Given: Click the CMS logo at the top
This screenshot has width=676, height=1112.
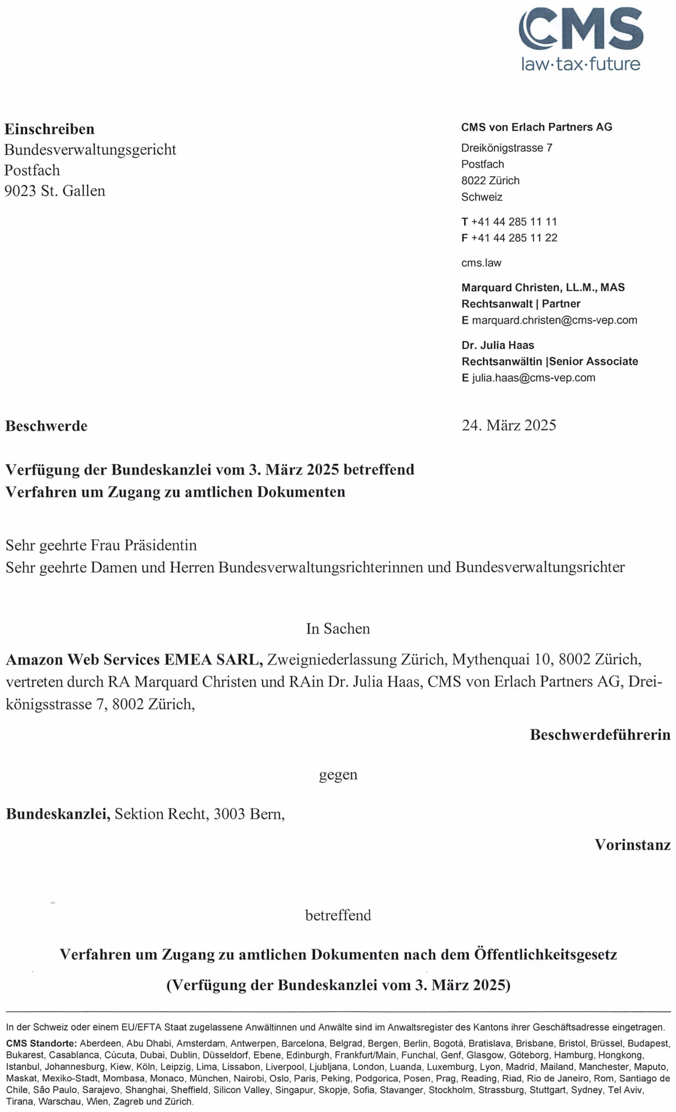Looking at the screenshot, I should point(581,38).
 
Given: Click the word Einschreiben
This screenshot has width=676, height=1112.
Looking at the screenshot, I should point(50,129).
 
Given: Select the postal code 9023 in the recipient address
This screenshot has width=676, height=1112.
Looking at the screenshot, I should point(20,191).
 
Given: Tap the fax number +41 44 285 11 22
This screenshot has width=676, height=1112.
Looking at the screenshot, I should point(514,238).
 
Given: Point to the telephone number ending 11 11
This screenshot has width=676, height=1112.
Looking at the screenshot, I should point(514,222).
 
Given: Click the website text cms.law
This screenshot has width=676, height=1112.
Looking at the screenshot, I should point(481,263).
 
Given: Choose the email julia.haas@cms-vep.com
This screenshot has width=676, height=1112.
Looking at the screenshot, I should point(533,378).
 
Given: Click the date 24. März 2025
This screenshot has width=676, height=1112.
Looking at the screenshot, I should point(508,425).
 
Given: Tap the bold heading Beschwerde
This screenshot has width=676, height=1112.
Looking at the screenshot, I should point(46,426).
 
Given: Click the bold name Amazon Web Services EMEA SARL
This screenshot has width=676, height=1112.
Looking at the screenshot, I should point(135,660).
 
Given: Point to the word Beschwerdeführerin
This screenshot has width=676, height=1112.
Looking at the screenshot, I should point(600,735).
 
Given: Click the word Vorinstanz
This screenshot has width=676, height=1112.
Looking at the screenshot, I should point(632,845).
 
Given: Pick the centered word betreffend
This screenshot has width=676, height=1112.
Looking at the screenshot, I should point(338,915).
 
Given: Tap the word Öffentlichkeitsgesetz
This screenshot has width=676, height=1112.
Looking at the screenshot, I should point(545,955).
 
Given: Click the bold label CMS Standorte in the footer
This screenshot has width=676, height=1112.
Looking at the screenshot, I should point(42,1044).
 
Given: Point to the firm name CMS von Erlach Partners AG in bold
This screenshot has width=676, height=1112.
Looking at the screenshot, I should point(537,127).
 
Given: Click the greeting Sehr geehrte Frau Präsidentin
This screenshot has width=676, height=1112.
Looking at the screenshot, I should point(101,545).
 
